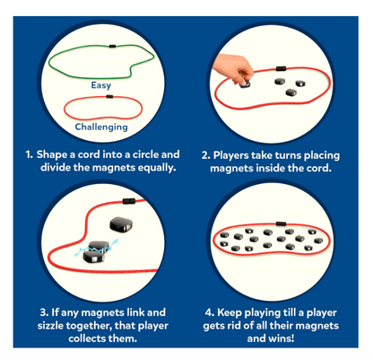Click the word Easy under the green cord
click(x=101, y=85)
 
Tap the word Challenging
click(x=101, y=127)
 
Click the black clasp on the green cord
click(x=112, y=46)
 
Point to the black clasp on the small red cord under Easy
click(x=109, y=97)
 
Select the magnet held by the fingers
click(x=245, y=84)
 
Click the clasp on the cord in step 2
click(x=281, y=68)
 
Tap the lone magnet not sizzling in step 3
click(x=121, y=224)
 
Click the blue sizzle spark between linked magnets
click(x=97, y=248)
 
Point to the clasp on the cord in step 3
click(x=129, y=201)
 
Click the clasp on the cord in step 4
click(x=281, y=224)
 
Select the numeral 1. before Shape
click(x=29, y=155)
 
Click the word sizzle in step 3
click(x=50, y=326)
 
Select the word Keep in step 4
click(x=230, y=313)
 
